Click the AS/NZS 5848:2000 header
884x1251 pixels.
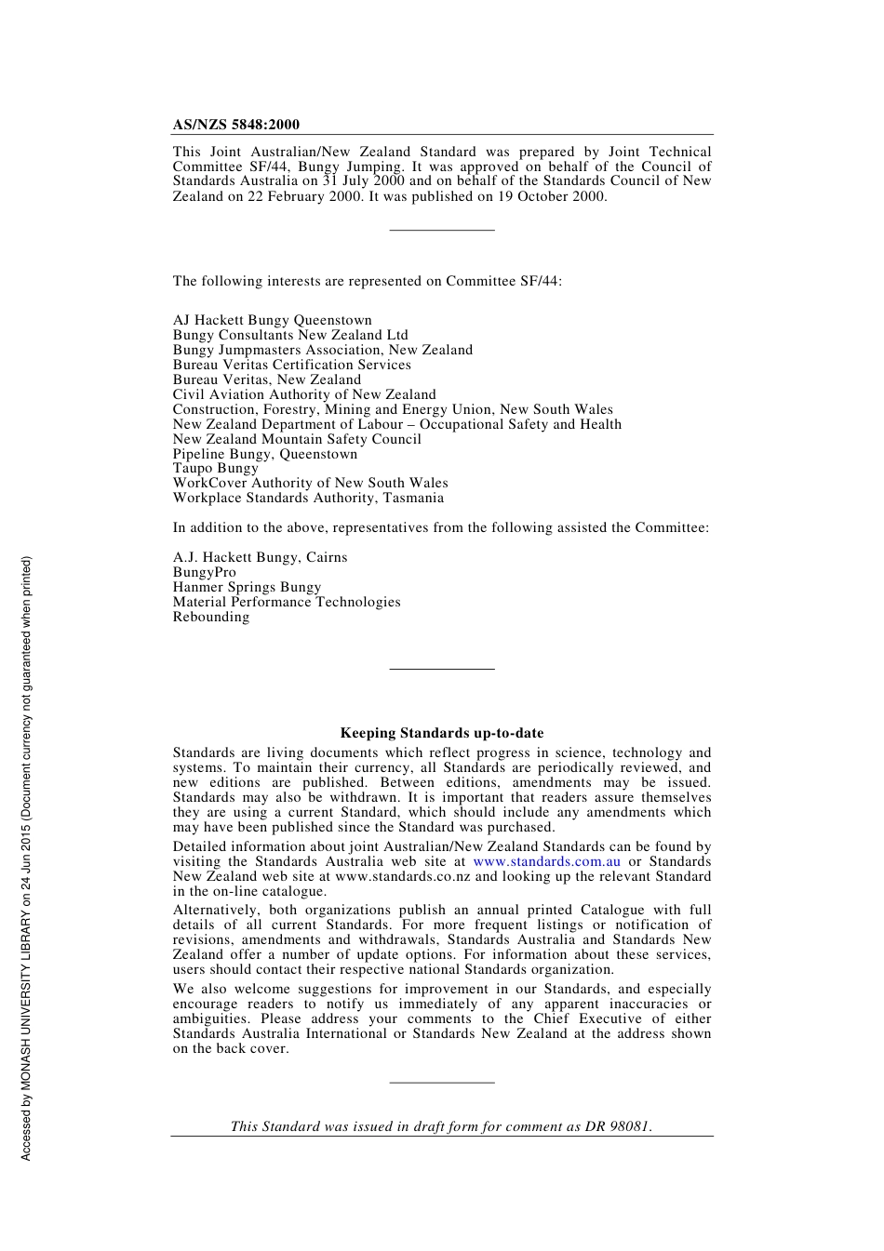pyautogui.click(x=235, y=125)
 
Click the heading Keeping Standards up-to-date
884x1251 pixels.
pyautogui.click(x=441, y=733)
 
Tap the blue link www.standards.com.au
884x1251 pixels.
pyautogui.click(x=546, y=861)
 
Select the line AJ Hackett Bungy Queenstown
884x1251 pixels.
pyautogui.click(x=272, y=320)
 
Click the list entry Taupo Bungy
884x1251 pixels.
pyautogui.click(x=215, y=468)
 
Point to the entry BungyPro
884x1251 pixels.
pyautogui.click(x=204, y=572)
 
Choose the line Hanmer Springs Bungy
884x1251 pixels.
pyautogui.click(x=247, y=587)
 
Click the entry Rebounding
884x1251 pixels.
pyautogui.click(x=210, y=617)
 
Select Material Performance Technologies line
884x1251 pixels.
pyautogui.click(x=287, y=602)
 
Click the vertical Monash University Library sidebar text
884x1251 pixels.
pyautogui.click(x=26, y=858)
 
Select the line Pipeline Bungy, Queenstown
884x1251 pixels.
pyautogui.click(x=264, y=454)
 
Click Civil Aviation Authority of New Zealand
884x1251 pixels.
pyautogui.click(x=303, y=394)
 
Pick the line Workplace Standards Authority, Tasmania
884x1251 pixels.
pyautogui.click(x=308, y=498)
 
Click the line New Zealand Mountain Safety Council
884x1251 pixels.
pyautogui.click(x=296, y=439)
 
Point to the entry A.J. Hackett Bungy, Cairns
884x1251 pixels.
pyautogui.click(x=260, y=557)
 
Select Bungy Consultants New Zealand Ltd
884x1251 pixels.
pyautogui.click(x=289, y=335)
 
